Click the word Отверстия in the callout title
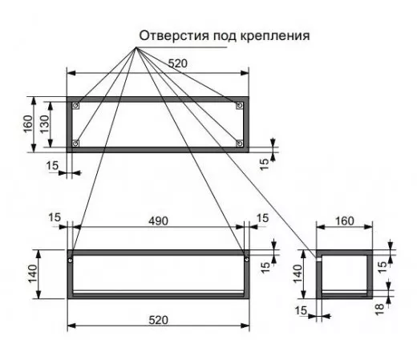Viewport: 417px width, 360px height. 174,35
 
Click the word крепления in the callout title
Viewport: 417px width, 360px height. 275,36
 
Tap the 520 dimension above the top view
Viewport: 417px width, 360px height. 178,63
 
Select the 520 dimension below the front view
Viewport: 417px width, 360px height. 159,320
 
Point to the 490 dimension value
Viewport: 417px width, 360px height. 159,221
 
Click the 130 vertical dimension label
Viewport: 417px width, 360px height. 45,124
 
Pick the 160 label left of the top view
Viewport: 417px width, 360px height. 28,124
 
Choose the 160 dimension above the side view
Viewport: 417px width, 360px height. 345,221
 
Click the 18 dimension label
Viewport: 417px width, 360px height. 379,309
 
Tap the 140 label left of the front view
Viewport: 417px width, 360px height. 33,273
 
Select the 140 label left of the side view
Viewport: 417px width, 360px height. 298,273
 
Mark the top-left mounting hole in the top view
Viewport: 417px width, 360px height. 76,105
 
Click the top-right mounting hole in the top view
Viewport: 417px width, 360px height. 240,105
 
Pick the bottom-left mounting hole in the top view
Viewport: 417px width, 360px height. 76,144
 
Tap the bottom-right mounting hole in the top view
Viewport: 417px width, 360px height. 240,144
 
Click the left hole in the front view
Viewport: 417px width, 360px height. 70,260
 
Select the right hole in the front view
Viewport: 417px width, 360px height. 246,259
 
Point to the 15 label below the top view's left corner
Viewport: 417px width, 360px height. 52,166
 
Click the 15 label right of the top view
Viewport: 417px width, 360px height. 264,164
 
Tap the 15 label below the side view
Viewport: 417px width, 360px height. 301,310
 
